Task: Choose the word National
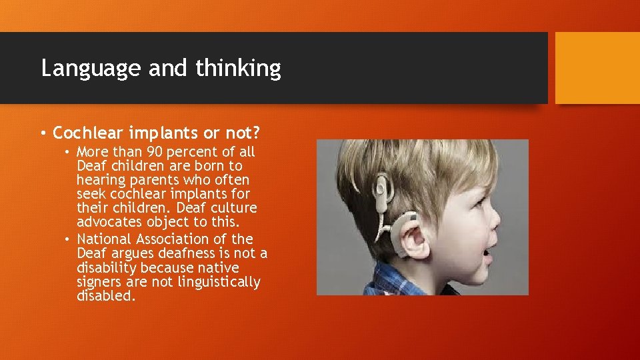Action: point(103,239)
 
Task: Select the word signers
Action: point(101,282)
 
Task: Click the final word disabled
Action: point(105,297)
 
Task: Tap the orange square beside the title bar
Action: point(597,68)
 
